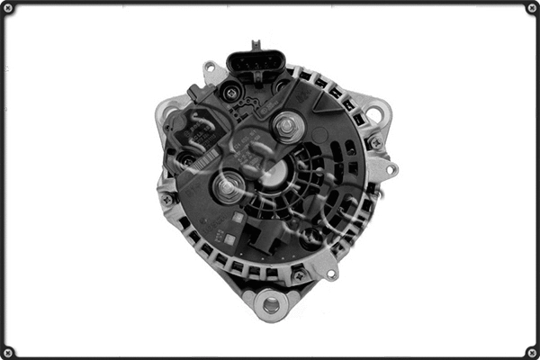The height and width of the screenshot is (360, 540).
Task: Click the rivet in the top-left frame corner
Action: tap(7, 7)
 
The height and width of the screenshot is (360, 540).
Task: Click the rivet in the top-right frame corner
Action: tap(532, 7)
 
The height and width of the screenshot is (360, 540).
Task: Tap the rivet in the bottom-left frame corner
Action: tap(7, 352)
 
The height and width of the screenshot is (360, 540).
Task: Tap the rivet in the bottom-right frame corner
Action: tap(532, 352)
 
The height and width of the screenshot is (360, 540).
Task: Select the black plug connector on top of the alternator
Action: tap(256, 65)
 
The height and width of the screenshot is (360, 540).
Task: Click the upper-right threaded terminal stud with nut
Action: tap(287, 127)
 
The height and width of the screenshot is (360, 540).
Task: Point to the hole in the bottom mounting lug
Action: tap(270, 305)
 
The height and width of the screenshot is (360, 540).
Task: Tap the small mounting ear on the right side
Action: tap(391, 168)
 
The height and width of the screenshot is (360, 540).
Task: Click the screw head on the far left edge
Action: tap(167, 199)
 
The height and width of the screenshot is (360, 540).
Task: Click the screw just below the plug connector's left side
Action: tap(231, 93)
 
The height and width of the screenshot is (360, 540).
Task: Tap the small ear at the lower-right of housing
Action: tap(334, 270)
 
